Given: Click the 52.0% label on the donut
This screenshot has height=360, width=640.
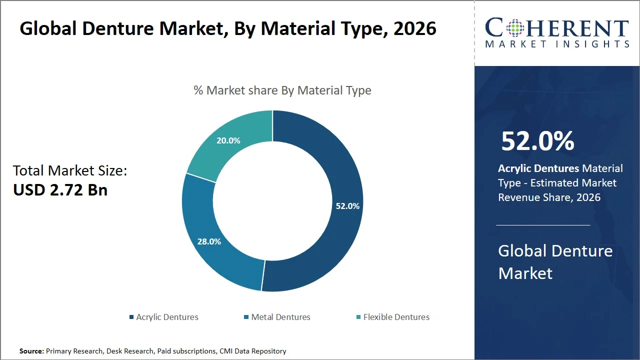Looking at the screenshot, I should (x=347, y=206).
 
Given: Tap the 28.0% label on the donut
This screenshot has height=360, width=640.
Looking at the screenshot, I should (x=208, y=241).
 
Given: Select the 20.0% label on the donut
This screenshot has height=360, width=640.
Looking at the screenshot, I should (x=228, y=141).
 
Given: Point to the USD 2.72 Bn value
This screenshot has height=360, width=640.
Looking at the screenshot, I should (x=60, y=190).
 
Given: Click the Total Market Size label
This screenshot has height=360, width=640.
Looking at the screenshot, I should (x=70, y=171).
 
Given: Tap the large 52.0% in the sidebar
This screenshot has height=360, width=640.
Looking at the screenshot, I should (x=537, y=141).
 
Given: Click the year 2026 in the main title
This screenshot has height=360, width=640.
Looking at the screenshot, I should (x=414, y=29).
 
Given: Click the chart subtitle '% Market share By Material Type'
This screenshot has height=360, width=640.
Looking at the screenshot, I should (x=282, y=90).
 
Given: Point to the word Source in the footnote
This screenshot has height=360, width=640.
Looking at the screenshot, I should (x=31, y=351).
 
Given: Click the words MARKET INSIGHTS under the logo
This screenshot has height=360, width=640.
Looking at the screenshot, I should (x=557, y=44).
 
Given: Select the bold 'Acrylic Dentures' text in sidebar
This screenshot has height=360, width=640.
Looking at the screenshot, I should (x=538, y=168).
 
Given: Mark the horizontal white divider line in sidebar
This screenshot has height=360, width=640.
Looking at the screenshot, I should (x=543, y=225).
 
